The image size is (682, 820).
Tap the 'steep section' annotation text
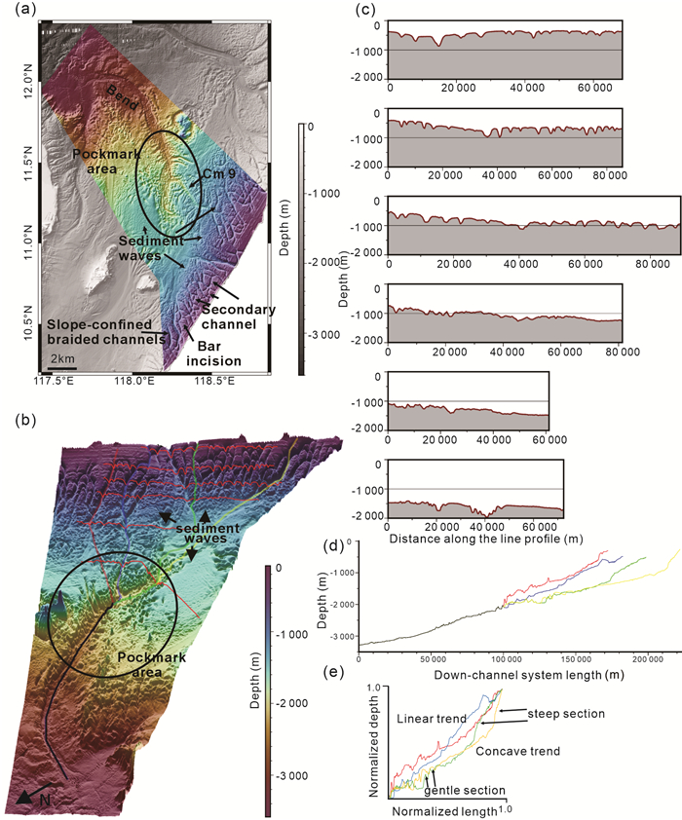(566, 714)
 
